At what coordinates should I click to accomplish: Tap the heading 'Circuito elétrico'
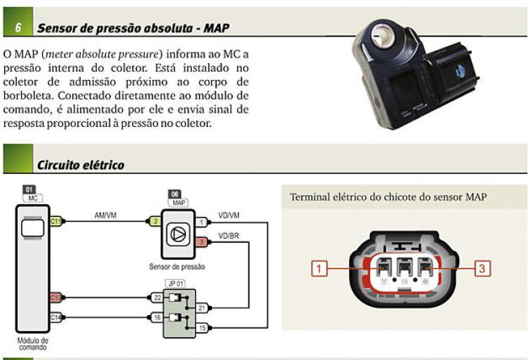(x=81, y=165)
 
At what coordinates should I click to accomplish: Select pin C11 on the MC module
(x=55, y=298)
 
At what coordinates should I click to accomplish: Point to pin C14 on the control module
(x=55, y=316)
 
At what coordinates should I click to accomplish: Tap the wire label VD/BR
(x=229, y=236)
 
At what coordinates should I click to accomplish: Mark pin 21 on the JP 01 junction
(x=202, y=307)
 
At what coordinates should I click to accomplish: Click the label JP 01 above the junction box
(x=175, y=284)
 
